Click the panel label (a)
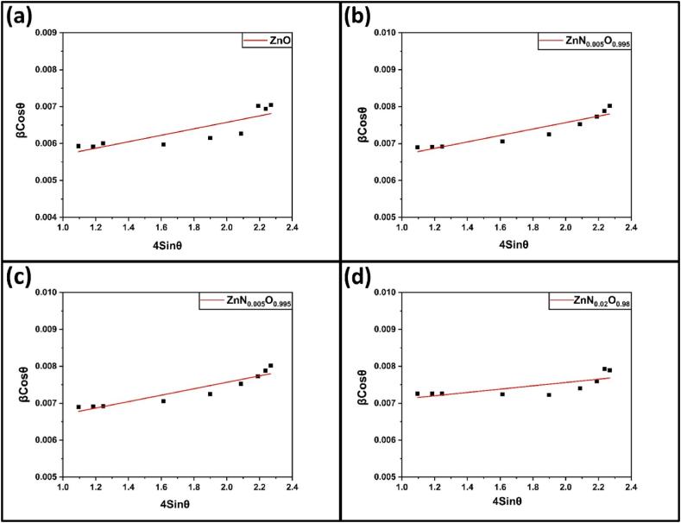click(21, 16)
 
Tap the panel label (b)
click(361, 16)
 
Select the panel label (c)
click(21, 277)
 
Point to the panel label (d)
click(361, 277)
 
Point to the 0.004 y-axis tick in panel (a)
click(45, 217)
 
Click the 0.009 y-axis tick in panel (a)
click(45, 33)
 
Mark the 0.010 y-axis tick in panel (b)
click(383, 33)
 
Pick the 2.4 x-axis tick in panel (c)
click(292, 488)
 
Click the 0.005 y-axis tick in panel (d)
click(383, 477)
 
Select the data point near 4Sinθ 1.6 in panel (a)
click(163, 144)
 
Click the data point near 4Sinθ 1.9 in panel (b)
click(548, 134)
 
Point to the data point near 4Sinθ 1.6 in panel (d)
click(501, 394)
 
